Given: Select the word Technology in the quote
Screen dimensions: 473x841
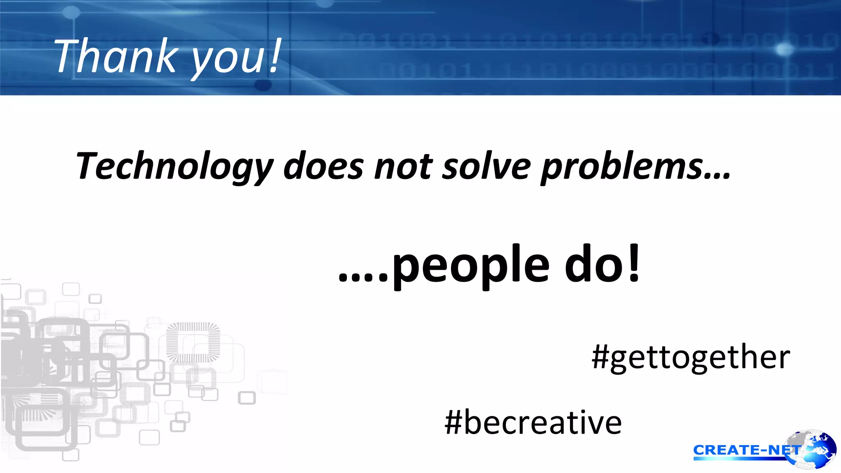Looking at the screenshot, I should [174, 166].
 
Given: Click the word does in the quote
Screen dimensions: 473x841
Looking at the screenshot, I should [323, 166].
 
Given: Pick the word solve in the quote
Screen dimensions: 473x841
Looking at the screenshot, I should [486, 166].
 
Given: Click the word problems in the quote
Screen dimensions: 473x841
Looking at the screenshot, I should [621, 166].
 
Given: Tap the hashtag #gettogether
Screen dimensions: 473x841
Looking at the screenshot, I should [691, 357].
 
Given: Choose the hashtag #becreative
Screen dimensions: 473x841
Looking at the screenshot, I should [533, 423].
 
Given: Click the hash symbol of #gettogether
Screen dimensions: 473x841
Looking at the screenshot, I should [600, 357].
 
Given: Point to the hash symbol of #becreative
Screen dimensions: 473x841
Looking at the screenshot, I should [453, 422].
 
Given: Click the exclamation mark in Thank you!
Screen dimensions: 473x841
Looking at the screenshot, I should [275, 56].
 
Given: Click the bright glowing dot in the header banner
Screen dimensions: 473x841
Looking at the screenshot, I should [785, 50].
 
